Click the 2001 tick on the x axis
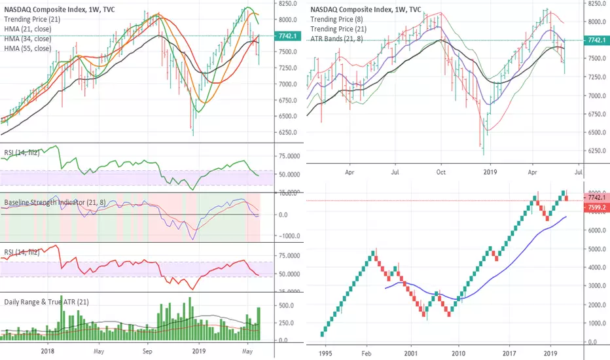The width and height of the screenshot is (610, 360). coord(411,354)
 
